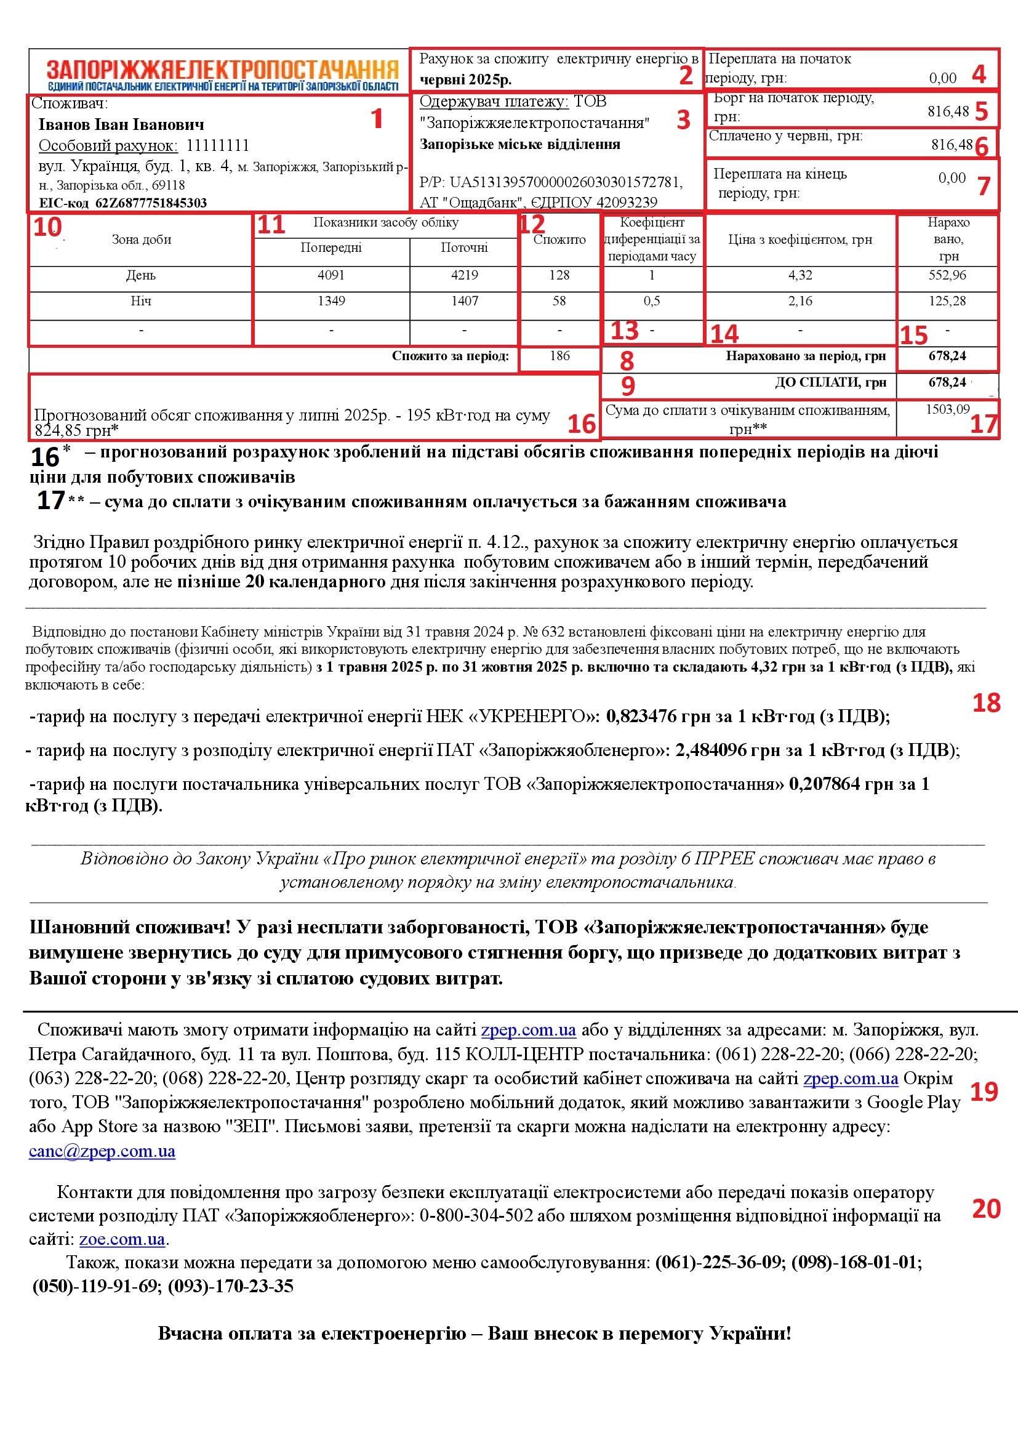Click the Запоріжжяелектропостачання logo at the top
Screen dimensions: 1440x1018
tap(223, 74)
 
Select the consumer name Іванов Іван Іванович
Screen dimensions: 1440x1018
tap(121, 125)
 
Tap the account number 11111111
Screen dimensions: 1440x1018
tap(217, 146)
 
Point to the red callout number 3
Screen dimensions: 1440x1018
tap(683, 120)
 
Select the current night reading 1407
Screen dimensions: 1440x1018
tap(465, 302)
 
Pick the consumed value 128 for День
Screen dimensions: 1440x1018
tap(559, 275)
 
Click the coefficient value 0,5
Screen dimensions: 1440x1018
tap(652, 302)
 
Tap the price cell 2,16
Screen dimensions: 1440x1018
tap(800, 302)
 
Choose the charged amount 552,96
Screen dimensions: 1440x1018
tap(947, 275)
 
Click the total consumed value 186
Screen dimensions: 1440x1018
tap(559, 356)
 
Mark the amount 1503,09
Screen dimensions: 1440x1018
tap(947, 409)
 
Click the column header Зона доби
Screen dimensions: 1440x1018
tap(141, 239)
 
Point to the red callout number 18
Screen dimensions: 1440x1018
tap(986, 703)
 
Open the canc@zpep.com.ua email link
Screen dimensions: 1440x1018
tap(102, 1151)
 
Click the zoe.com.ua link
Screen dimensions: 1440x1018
tap(122, 1239)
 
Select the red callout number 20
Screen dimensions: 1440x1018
tap(986, 1209)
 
